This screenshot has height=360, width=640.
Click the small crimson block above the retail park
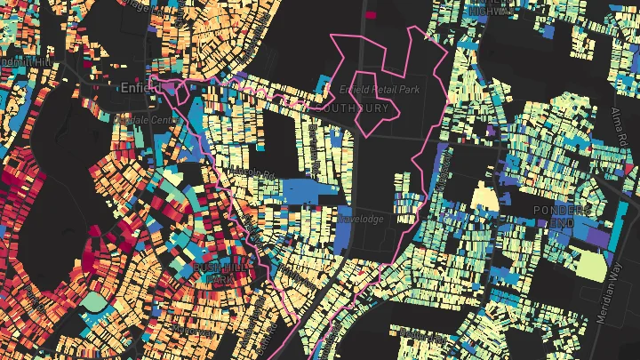pyautogui.click(x=370, y=14)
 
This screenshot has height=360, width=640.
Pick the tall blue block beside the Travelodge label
pyautogui.click(x=345, y=228)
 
